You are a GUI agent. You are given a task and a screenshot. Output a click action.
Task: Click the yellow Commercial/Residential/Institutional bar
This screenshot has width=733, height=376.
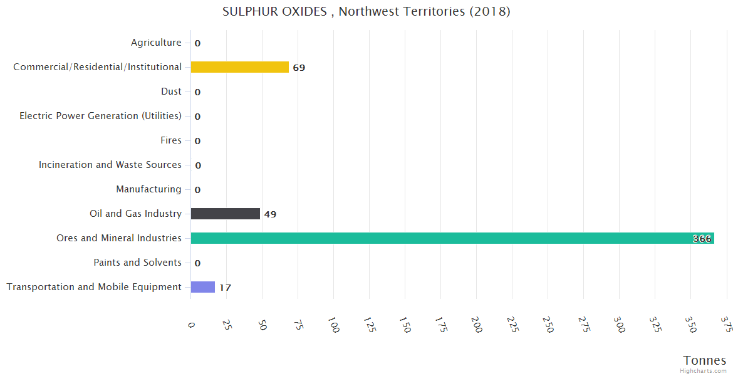click(239, 67)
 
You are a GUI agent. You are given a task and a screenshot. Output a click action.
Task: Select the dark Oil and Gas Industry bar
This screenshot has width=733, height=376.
click(225, 214)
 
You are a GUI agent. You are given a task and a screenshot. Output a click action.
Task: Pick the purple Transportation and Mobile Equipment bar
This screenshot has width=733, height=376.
click(202, 287)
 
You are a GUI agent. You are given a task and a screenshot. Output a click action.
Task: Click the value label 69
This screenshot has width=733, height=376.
click(299, 68)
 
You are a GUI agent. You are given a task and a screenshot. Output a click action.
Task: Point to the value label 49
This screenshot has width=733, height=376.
click(270, 214)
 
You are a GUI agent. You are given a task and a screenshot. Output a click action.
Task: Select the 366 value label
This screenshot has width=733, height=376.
click(702, 239)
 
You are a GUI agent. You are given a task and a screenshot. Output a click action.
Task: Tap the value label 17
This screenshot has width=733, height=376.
click(225, 288)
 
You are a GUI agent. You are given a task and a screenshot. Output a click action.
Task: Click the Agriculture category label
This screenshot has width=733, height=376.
click(156, 43)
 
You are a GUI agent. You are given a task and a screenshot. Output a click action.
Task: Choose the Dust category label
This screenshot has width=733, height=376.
click(171, 91)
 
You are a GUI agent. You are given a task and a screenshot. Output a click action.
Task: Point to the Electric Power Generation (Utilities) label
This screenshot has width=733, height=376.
click(100, 116)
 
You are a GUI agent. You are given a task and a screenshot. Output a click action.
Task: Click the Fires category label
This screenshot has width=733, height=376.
click(171, 140)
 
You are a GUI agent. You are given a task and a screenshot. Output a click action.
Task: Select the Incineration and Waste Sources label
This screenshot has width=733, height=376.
click(110, 165)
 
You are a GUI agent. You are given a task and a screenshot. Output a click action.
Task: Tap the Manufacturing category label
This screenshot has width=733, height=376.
click(148, 189)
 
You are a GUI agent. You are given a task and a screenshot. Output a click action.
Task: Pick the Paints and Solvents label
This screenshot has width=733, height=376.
click(138, 263)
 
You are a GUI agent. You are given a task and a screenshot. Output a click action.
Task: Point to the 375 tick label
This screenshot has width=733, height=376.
click(727, 325)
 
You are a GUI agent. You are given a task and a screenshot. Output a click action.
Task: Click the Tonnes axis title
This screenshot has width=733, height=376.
click(705, 360)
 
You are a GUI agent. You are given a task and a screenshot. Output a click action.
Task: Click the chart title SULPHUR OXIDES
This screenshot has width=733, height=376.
click(366, 12)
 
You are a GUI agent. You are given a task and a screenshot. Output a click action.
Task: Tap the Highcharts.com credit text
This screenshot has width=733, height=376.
click(703, 371)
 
